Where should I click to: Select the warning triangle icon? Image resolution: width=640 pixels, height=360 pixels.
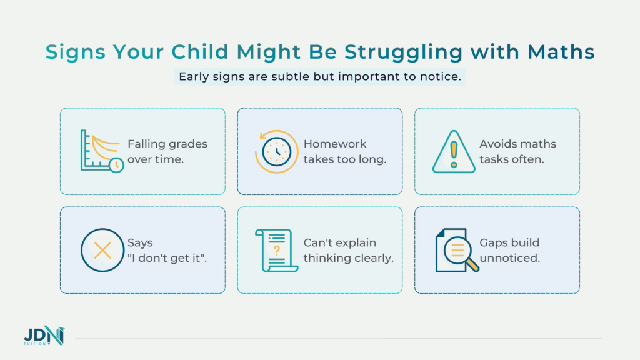[x=454, y=151]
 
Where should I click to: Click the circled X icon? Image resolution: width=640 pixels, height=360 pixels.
[x=101, y=251]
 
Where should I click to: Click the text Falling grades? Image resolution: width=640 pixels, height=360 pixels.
[x=167, y=144]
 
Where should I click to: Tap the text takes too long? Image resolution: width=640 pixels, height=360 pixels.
[x=345, y=159]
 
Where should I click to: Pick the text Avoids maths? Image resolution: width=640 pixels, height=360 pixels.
[x=517, y=144]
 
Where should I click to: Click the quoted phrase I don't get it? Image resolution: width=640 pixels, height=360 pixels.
[x=167, y=257]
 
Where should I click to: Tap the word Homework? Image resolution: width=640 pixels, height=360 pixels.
[x=334, y=144]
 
